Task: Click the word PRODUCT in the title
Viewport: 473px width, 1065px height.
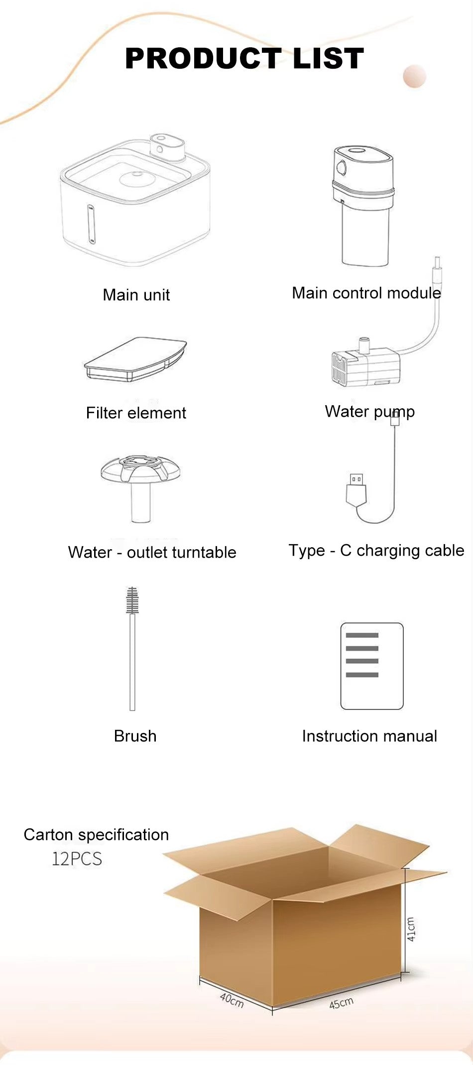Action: [x=203, y=58]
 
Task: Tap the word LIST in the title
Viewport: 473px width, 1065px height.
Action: [x=329, y=58]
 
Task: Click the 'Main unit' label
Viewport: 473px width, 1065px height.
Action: [x=136, y=295]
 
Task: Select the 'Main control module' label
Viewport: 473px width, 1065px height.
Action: [x=366, y=293]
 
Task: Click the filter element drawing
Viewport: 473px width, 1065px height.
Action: [x=135, y=359]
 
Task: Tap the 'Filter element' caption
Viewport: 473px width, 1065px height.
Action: [x=136, y=413]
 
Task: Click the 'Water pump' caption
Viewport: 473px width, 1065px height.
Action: [x=370, y=412]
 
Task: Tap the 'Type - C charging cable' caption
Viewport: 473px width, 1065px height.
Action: [x=376, y=551]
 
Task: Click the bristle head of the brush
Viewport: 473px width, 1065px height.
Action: [x=132, y=600]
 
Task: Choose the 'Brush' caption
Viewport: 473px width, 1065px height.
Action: [x=135, y=736]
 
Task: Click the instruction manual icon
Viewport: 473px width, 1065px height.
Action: [x=372, y=666]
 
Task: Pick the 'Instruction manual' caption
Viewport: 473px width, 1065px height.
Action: [x=369, y=736]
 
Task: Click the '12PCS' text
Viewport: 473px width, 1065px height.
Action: [x=77, y=859]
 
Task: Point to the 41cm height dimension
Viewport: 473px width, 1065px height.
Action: [x=411, y=929]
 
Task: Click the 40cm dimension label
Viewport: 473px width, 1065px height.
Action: [x=232, y=1000]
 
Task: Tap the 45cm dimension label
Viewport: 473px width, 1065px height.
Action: [x=342, y=1002]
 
